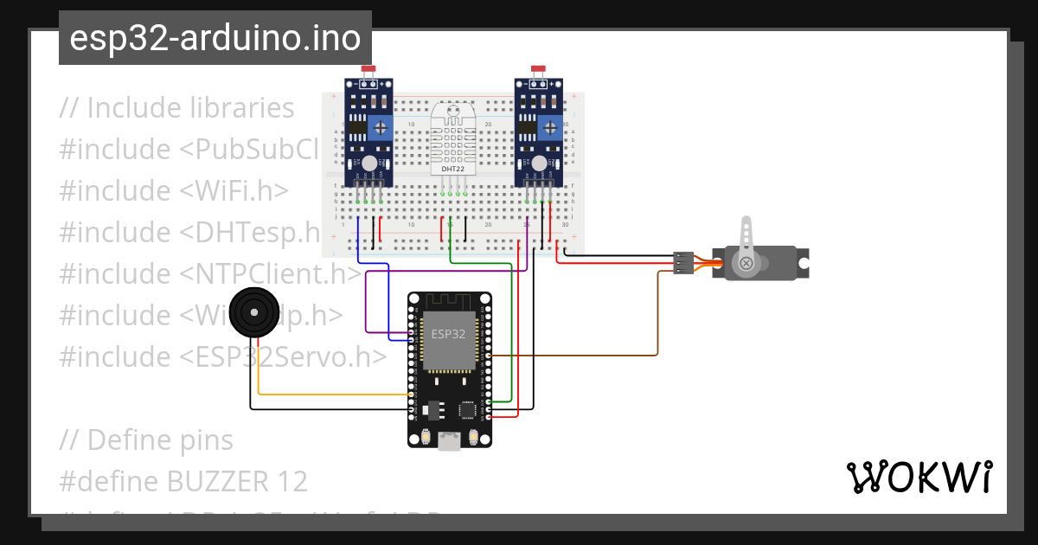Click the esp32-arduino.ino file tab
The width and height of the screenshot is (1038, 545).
point(215,39)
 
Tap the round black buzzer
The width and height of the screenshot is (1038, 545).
point(254,312)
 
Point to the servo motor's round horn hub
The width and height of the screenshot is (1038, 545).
point(743,263)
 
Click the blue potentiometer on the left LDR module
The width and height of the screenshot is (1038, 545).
point(379,129)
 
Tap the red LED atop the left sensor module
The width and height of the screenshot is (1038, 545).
point(368,69)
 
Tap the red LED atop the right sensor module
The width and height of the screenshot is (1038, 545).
point(538,69)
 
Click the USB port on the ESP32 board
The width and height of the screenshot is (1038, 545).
point(449,441)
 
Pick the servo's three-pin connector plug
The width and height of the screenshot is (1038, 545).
point(683,263)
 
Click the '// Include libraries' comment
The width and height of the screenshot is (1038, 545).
point(177,108)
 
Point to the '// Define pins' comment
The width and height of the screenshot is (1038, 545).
point(146,439)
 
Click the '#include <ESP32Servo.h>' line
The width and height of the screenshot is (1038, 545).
point(223,356)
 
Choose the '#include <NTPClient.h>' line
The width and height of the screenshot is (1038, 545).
point(210,273)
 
